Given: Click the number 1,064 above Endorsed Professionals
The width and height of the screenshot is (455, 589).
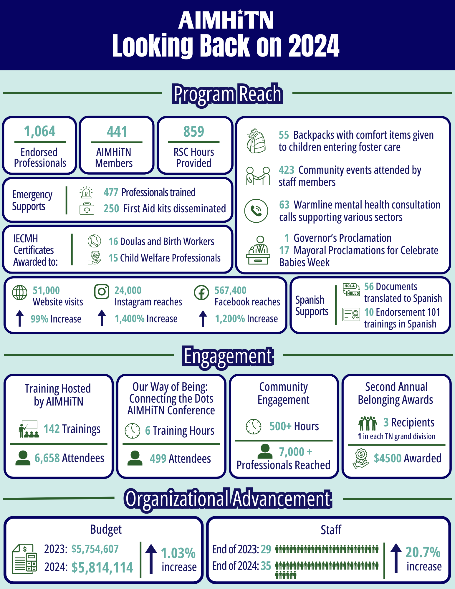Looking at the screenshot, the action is [x=40, y=131].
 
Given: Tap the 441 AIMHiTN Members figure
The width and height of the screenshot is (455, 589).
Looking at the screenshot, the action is [x=117, y=131].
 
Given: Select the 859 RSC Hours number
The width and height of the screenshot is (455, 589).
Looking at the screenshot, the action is [x=194, y=131].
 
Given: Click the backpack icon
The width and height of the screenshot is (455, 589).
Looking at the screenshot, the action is [x=256, y=141].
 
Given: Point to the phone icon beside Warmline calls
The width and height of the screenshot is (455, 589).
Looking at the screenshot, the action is [x=256, y=211].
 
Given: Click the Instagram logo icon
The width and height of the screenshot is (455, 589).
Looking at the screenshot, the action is [x=102, y=292].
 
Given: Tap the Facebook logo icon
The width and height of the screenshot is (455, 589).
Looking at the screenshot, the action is [x=201, y=293].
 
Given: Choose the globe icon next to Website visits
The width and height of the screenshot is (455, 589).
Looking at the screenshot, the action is [x=20, y=293].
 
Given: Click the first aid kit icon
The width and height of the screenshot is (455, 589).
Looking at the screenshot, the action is [x=87, y=209].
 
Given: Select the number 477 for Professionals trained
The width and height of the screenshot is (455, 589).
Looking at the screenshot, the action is [x=111, y=192].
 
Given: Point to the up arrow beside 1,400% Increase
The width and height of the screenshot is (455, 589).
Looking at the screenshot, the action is [x=102, y=318].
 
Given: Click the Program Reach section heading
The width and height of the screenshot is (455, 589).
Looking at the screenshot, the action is [x=228, y=94].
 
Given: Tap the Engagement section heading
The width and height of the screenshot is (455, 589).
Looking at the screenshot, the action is [x=228, y=356].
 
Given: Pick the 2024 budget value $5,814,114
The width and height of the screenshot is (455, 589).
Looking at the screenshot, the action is [x=102, y=568].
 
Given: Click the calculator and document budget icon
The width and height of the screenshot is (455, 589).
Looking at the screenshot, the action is [x=25, y=558].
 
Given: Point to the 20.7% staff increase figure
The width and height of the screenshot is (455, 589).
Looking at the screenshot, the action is [x=423, y=552].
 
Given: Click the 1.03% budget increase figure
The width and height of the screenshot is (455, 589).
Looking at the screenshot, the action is [x=178, y=553].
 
